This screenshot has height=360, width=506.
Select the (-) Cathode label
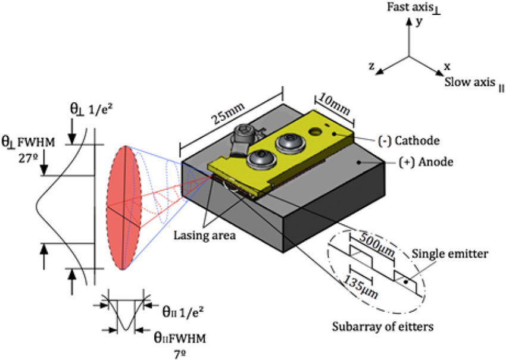coord(409,141)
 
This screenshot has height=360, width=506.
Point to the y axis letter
coord(419,21)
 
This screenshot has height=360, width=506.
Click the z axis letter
coord(371,66)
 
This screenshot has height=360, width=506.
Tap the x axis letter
coord(446,66)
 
